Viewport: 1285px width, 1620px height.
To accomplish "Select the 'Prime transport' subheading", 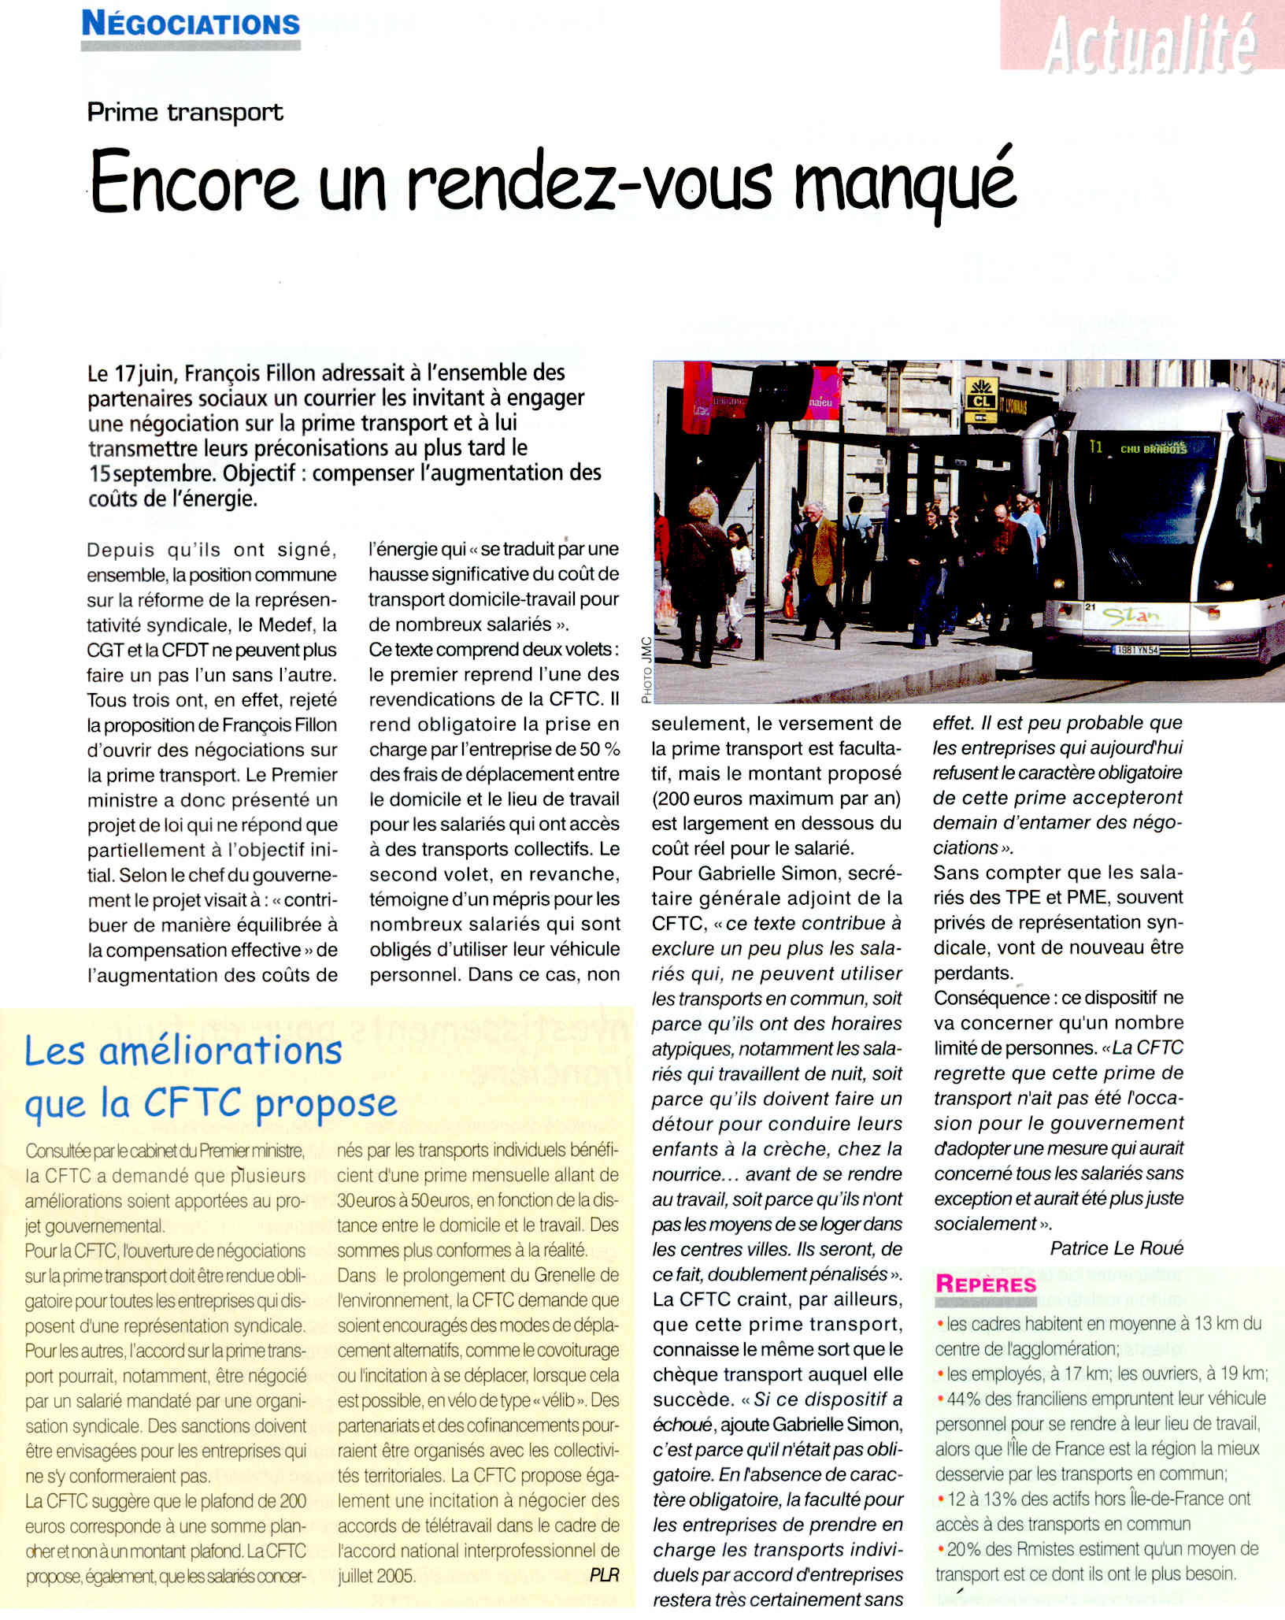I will click(x=185, y=113).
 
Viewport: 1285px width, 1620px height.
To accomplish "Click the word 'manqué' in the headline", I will click(x=905, y=184).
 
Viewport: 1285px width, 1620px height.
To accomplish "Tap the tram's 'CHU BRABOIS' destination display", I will click(x=1154, y=449).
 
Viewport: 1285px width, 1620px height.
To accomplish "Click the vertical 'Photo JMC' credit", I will click(x=646, y=669).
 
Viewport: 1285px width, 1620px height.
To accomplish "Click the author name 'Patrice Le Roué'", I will click(x=1116, y=1248).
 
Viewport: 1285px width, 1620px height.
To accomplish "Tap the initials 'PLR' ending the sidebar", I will click(x=604, y=1575).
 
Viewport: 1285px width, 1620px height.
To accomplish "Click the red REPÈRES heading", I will click(x=986, y=1285).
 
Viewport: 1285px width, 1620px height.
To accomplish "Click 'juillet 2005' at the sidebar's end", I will click(x=376, y=1576).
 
